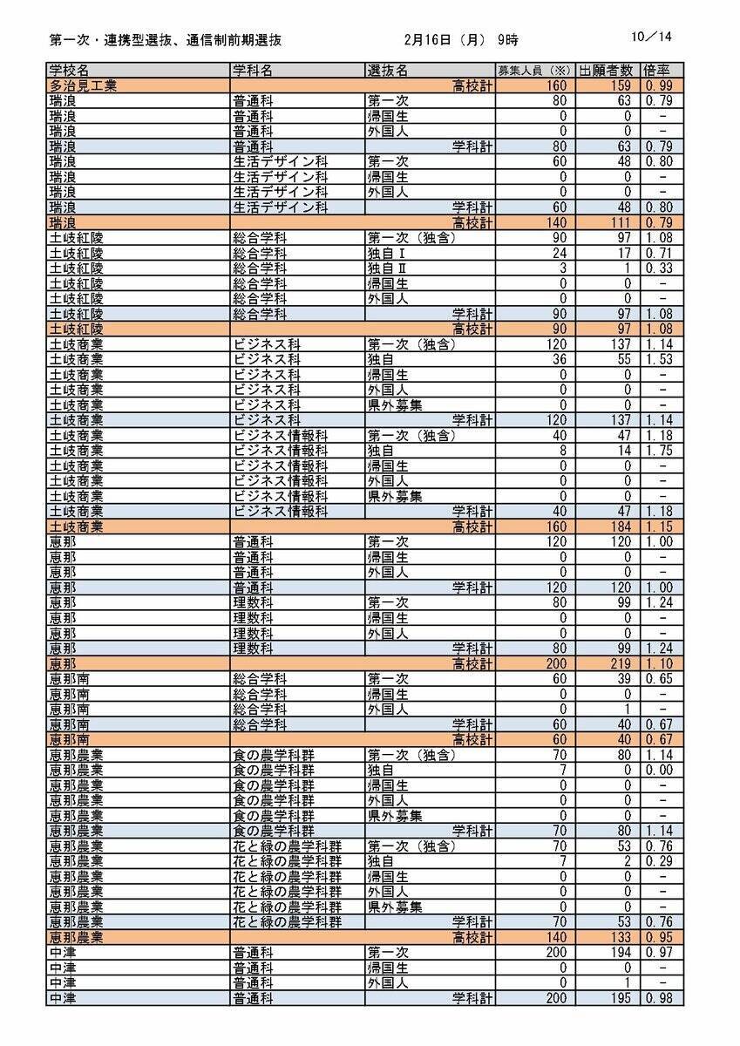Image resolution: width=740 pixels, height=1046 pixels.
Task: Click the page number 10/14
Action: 654,37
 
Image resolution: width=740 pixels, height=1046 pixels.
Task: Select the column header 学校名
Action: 69,70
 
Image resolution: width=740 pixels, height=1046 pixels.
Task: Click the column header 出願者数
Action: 608,70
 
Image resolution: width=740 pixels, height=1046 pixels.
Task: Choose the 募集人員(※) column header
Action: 533,70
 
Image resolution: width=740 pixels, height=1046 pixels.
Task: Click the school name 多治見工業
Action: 84,85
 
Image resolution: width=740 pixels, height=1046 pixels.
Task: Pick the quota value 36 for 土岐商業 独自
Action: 558,359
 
